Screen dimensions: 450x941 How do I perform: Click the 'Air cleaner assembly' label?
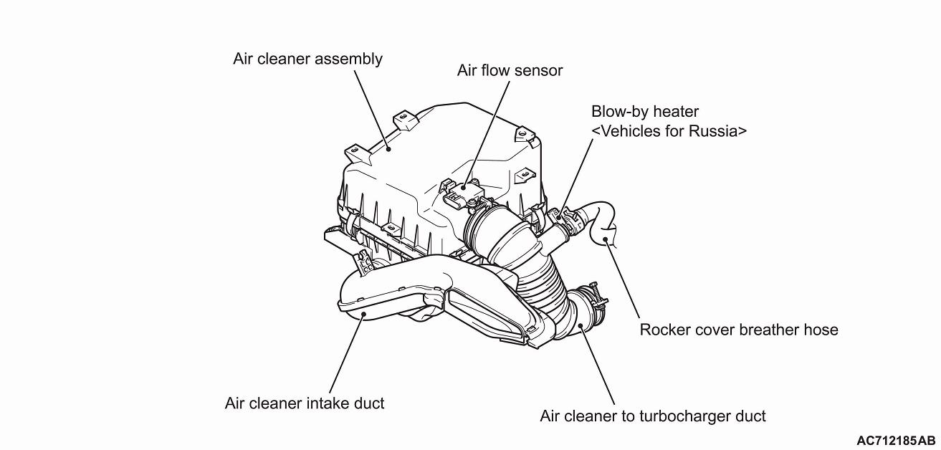pyautogui.click(x=307, y=59)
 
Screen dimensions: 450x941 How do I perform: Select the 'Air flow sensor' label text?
pyautogui.click(x=510, y=70)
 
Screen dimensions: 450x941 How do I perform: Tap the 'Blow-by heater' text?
pyautogui.click(x=644, y=112)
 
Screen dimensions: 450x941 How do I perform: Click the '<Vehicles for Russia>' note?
pyautogui.click(x=669, y=131)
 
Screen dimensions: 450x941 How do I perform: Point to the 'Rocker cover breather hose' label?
pyautogui.click(x=738, y=330)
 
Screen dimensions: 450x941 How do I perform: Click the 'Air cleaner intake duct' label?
pyautogui.click(x=304, y=403)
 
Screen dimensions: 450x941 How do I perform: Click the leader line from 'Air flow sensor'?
pyautogui.click(x=489, y=129)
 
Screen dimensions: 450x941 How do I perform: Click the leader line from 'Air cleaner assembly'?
pyautogui.click(x=371, y=107)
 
